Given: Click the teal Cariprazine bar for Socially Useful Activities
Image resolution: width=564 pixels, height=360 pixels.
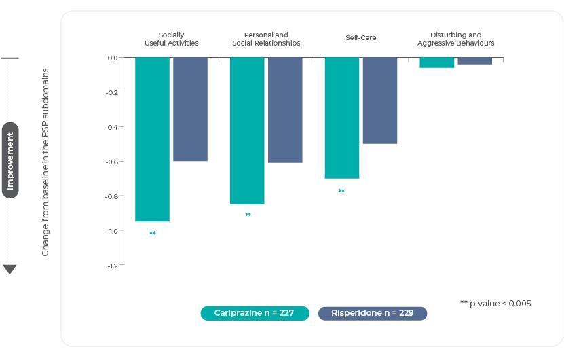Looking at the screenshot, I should click(x=152, y=139).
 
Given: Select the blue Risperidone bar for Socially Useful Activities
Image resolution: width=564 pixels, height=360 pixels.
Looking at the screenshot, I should click(x=190, y=109).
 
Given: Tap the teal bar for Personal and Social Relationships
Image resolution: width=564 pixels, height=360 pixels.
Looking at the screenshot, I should click(x=247, y=130).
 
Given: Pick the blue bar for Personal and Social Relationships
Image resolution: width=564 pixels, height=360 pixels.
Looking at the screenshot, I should click(x=285, y=110).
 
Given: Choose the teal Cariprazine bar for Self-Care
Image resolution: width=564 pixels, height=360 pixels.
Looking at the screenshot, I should click(x=342, y=118).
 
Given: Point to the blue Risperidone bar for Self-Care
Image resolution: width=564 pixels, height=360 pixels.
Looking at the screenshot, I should click(x=380, y=101).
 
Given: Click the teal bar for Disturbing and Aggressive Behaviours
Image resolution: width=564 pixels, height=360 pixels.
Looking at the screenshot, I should click(x=437, y=62).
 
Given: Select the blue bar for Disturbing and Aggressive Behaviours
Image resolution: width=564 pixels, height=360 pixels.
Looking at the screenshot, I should click(x=475, y=61).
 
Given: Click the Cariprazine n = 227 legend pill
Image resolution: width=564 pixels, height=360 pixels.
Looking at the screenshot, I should click(x=255, y=313).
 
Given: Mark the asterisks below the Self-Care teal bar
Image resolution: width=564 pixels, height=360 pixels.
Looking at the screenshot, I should click(x=341, y=192).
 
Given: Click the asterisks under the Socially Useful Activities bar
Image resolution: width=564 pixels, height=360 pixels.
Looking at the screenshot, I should click(x=153, y=234).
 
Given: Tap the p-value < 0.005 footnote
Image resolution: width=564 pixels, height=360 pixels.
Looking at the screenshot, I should click(x=495, y=303).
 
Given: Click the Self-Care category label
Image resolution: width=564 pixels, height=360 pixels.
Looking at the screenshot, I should click(x=361, y=38).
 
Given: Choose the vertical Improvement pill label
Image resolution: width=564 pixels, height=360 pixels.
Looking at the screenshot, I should click(x=10, y=160).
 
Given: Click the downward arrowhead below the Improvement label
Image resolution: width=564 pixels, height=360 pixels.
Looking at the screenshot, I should click(x=10, y=270).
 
